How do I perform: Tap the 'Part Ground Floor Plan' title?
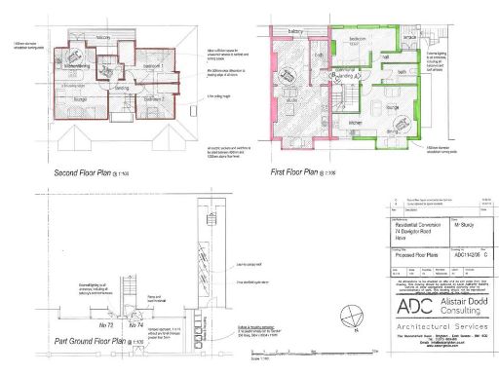(71, 342)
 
